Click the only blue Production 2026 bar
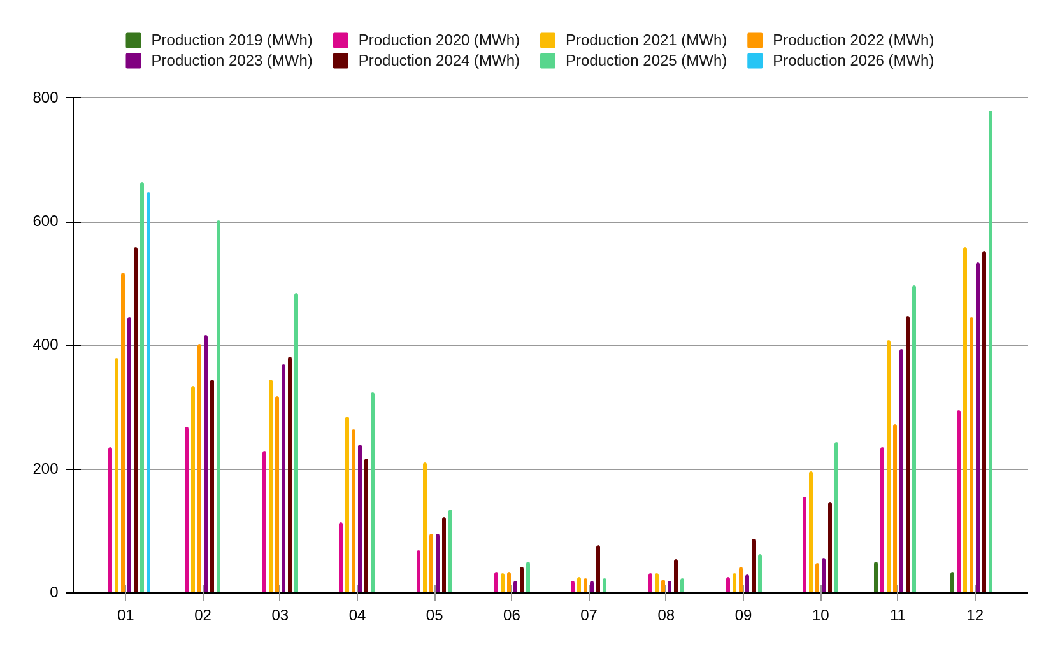(148, 392)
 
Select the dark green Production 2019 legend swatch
(133, 41)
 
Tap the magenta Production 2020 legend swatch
(340, 41)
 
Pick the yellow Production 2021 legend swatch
(548, 41)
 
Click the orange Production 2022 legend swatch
(755, 41)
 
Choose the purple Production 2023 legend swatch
(133, 61)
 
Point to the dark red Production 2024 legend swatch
(340, 61)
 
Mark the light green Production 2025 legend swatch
(548, 61)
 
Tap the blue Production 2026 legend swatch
(755, 61)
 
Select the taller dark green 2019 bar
(876, 577)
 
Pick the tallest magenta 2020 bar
(959, 501)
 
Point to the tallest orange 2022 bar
(971, 455)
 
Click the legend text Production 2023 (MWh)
(232, 61)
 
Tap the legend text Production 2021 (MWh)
(646, 41)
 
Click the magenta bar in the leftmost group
(110, 520)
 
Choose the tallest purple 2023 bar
(978, 427)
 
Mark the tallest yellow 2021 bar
(965, 420)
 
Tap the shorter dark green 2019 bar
(952, 582)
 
